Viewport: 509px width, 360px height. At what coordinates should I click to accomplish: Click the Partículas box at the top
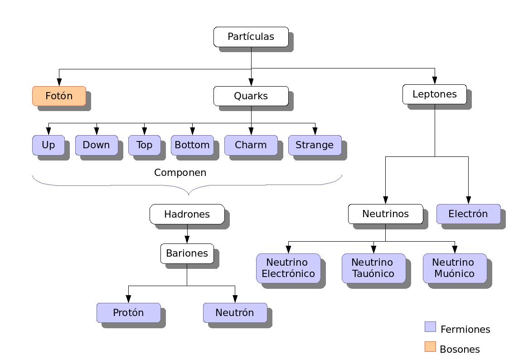[251, 37]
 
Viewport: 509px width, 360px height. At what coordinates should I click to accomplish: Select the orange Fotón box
[59, 96]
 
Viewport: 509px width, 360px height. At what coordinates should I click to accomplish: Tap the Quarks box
[251, 96]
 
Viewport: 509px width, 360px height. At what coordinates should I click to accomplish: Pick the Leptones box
[435, 94]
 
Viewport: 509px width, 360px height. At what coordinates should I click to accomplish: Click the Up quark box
[48, 145]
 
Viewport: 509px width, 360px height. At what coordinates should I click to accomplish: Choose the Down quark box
[97, 145]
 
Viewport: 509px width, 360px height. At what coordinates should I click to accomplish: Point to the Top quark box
[145, 145]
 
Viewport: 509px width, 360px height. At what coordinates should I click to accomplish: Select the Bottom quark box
[192, 145]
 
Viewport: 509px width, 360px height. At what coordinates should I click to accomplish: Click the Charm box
[251, 145]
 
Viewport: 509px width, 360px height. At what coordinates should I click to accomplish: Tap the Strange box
[315, 145]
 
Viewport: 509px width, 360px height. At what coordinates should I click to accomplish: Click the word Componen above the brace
[180, 173]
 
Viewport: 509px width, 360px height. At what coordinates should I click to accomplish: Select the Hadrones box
[187, 214]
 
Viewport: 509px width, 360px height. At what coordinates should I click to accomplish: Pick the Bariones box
[187, 253]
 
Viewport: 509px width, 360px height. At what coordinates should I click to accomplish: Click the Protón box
[129, 313]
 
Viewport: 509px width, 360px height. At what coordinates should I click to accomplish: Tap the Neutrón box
[235, 313]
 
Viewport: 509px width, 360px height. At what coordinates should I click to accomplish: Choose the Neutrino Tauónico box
[373, 268]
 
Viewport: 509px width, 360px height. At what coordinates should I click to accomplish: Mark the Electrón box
[468, 214]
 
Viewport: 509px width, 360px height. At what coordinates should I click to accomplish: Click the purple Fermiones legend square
[431, 327]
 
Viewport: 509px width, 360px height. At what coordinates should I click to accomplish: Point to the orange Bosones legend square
[431, 347]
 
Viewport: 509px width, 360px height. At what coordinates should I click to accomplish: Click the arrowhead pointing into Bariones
[187, 240]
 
